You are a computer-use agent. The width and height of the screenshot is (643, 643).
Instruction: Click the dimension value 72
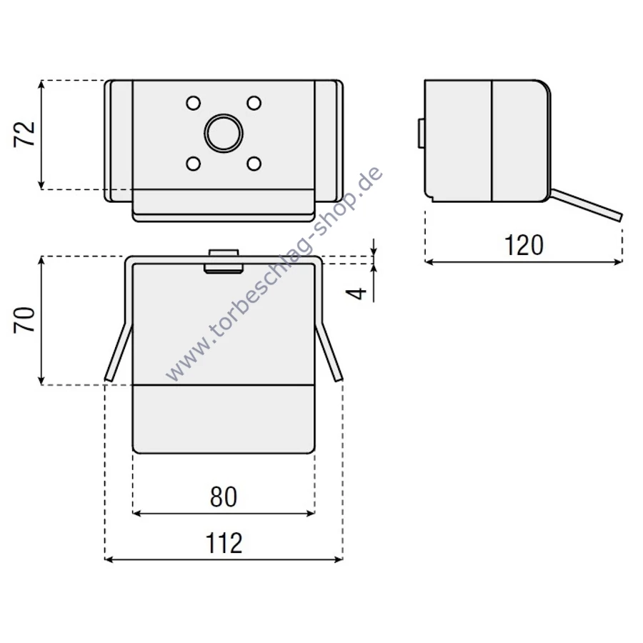tap(24, 134)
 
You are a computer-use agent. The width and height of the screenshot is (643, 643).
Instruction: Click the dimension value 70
tap(24, 320)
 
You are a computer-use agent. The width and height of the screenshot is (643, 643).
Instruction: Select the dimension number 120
tap(524, 245)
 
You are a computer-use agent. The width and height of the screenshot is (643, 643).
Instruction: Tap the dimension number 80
tap(224, 497)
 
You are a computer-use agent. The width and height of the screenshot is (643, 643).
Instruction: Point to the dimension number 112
tap(224, 543)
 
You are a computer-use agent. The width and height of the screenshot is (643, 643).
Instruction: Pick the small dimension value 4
tap(356, 293)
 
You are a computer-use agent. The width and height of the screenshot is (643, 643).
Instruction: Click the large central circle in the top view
tap(224, 134)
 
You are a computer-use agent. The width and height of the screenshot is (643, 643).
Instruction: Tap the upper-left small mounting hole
tap(193, 103)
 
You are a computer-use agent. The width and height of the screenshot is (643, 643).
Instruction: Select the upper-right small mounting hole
tap(254, 103)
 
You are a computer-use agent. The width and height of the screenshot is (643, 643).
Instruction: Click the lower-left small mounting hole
tap(193, 164)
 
